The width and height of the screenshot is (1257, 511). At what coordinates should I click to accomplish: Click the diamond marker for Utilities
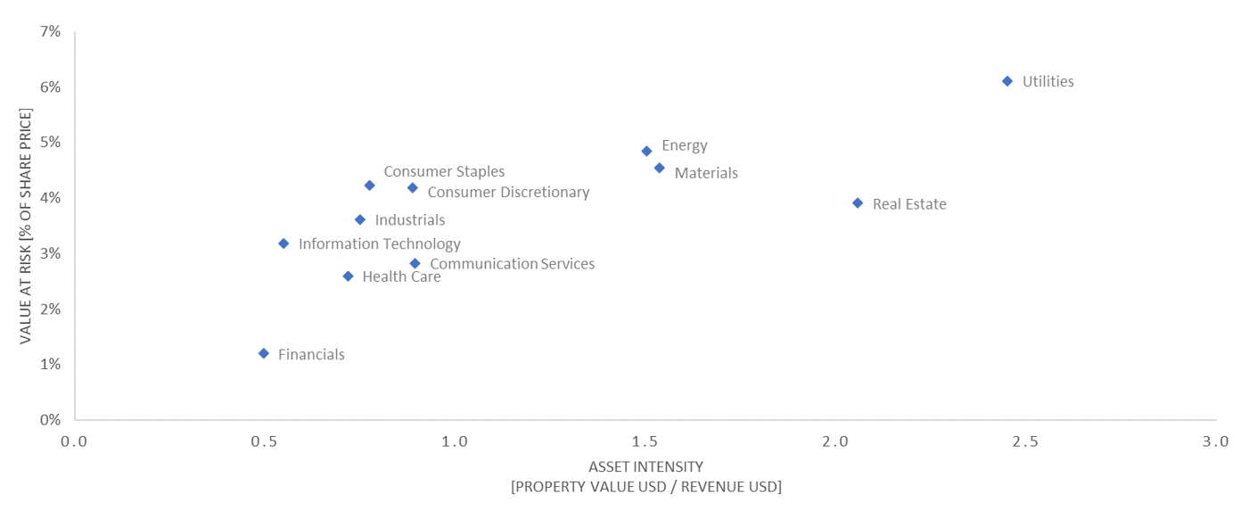click(1007, 81)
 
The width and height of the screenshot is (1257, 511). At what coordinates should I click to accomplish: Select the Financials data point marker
click(264, 354)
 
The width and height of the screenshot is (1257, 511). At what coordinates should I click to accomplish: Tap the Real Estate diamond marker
click(858, 203)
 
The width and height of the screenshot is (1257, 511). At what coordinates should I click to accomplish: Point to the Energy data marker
click(646, 152)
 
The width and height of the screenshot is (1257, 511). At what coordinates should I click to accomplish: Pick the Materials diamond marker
click(659, 168)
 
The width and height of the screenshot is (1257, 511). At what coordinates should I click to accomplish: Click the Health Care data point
click(348, 276)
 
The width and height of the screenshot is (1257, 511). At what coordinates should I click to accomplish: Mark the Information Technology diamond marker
click(283, 243)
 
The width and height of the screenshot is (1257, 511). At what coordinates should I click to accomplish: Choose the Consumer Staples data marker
click(369, 185)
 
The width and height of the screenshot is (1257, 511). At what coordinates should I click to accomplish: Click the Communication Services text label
click(512, 264)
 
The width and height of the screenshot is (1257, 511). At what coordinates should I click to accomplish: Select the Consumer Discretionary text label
click(508, 193)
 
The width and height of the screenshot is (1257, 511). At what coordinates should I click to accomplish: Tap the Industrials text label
click(409, 220)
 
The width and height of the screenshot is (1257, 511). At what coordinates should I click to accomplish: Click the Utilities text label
click(1047, 82)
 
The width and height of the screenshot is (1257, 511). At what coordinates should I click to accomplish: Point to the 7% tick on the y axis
click(50, 32)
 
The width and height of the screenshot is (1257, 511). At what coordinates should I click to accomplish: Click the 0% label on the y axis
click(50, 419)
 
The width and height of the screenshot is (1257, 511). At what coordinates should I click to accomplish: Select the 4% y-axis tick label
click(50, 198)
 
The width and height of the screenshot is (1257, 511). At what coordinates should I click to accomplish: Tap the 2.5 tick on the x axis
click(1025, 441)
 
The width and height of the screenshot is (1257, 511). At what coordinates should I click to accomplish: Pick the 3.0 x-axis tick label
click(1215, 441)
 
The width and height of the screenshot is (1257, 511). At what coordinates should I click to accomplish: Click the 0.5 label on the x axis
click(264, 441)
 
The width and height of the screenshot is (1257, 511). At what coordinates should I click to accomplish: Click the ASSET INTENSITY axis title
click(645, 467)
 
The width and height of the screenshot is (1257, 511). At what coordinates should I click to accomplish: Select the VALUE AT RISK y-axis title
click(26, 226)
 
